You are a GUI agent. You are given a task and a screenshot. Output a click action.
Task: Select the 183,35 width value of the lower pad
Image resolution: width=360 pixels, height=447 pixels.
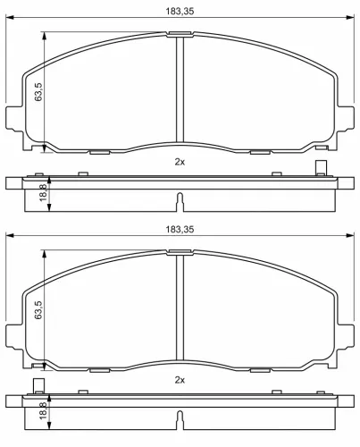point(180,230)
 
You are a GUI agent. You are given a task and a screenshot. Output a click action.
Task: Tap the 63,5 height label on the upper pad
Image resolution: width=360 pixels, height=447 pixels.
point(38,90)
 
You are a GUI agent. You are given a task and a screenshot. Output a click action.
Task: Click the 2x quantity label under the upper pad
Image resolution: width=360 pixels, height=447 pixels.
point(179,163)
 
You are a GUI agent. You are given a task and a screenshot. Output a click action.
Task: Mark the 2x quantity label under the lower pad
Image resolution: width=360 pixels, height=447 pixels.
point(179,381)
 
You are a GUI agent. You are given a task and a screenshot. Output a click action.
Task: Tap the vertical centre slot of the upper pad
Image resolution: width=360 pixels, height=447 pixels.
point(180,89)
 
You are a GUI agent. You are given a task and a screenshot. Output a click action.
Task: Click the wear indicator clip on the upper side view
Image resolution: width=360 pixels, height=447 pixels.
point(320,167)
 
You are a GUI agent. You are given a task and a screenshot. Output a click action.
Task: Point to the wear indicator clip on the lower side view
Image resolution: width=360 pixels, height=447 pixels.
point(39,386)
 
